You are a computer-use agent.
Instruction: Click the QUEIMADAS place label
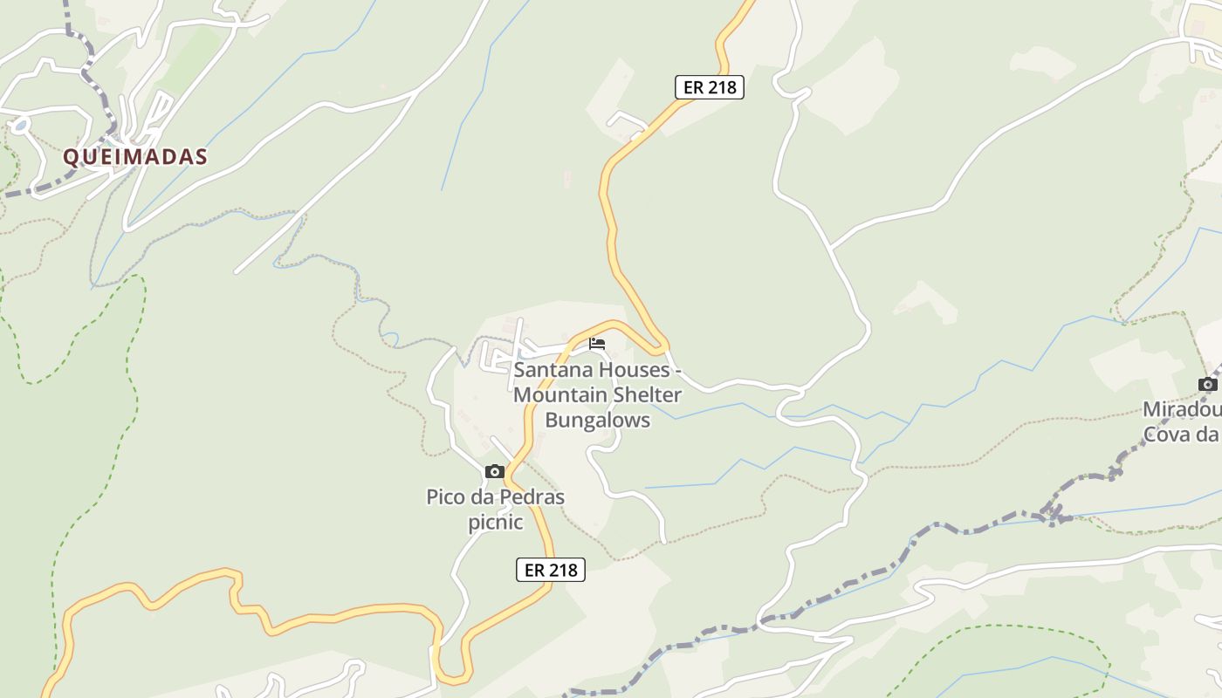(135, 157)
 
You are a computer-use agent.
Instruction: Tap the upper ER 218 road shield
(710, 87)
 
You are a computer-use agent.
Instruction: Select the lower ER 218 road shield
(551, 570)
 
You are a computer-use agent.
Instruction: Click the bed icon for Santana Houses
(597, 343)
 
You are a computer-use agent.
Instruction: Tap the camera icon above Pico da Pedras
(495, 472)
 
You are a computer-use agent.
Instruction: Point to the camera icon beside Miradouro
(1208, 384)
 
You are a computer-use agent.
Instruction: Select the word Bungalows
(597, 421)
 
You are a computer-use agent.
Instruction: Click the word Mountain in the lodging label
(555, 395)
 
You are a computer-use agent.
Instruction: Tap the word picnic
(495, 523)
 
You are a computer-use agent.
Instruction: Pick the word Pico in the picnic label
(443, 497)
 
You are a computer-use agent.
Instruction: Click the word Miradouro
(1183, 409)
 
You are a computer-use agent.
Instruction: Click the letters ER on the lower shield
(534, 570)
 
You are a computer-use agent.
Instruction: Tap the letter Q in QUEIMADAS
(71, 157)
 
